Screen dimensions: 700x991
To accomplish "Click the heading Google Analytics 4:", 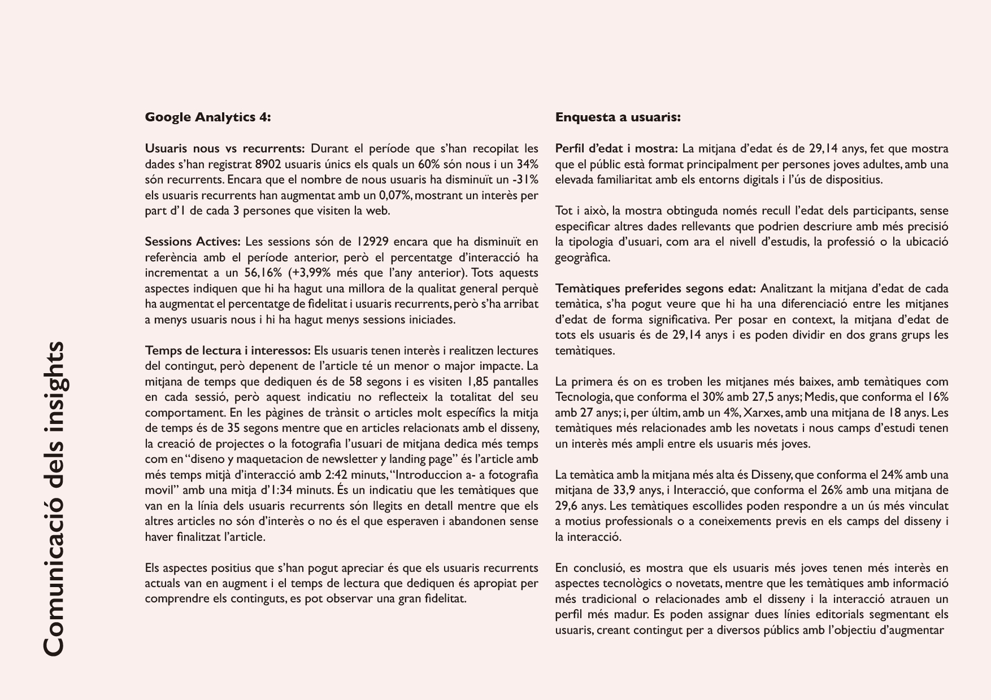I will [x=207, y=117].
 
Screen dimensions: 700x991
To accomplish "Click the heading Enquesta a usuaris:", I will [x=618, y=117].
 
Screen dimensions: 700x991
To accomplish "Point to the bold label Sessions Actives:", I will [x=192, y=242].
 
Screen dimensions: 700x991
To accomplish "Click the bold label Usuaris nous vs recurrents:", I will [x=224, y=148].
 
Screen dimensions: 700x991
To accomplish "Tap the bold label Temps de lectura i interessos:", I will [x=227, y=351].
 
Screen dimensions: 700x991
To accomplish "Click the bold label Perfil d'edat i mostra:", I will [x=616, y=148].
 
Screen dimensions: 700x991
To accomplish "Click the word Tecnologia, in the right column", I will [x=583, y=397].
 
